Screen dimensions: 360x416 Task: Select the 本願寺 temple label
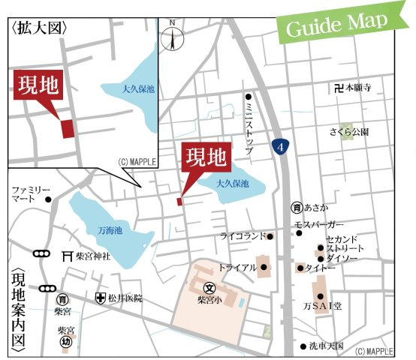point(358,88)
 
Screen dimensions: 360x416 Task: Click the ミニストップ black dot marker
point(249,96)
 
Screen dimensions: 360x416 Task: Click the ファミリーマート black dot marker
point(49,199)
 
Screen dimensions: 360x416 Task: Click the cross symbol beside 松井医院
point(100,298)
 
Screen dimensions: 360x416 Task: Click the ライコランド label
point(243,236)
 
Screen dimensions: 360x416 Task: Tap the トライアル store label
point(237,267)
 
